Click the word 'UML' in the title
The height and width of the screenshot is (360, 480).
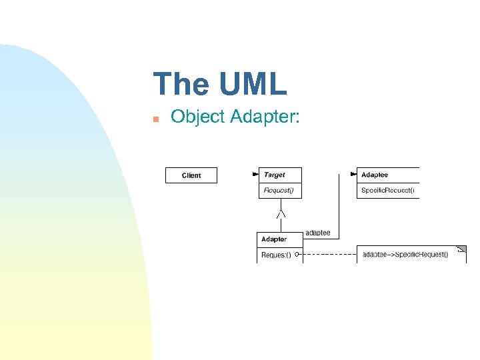(x=251, y=85)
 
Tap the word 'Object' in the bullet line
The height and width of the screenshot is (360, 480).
(x=198, y=117)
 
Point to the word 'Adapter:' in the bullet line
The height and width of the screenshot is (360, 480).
(x=265, y=118)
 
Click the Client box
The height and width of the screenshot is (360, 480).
(x=191, y=175)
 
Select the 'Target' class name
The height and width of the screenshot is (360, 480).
(x=275, y=175)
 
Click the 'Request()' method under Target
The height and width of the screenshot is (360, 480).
(x=278, y=191)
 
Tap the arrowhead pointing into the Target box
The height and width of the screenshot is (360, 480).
(x=255, y=175)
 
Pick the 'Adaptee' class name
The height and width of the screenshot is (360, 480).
(x=375, y=175)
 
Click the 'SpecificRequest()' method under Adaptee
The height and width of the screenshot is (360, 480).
(x=388, y=191)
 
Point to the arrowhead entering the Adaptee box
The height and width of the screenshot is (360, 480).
(x=353, y=175)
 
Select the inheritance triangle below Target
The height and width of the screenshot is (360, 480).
(x=281, y=213)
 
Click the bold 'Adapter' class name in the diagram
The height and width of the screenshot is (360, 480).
(x=274, y=239)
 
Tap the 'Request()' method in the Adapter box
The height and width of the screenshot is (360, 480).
(x=276, y=255)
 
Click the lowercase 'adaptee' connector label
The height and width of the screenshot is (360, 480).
(x=318, y=233)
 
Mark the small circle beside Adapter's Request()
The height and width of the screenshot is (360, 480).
(x=297, y=254)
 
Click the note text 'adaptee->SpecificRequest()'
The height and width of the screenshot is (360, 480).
(x=405, y=254)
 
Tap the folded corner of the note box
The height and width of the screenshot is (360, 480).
(x=461, y=249)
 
